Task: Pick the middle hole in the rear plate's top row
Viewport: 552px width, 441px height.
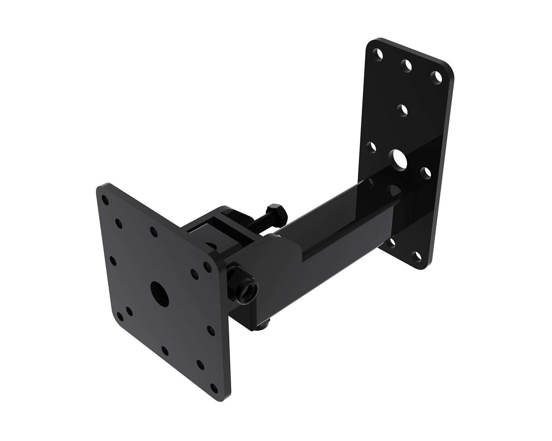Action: [407, 66]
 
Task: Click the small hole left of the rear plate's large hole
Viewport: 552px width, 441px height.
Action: [372, 147]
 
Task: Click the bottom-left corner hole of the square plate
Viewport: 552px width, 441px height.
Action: [120, 316]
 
